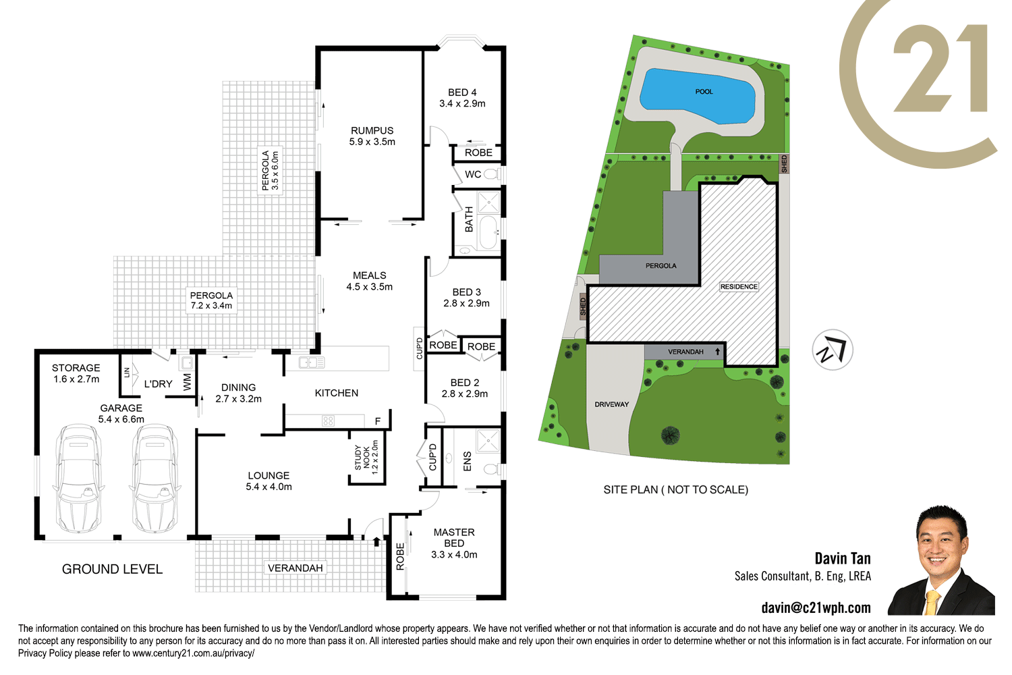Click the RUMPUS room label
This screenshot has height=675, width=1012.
pyautogui.click(x=372, y=136)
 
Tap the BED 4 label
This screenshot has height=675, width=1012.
pyautogui.click(x=462, y=98)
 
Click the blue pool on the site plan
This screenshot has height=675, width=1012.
pyautogui.click(x=698, y=96)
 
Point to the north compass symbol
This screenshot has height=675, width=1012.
pyautogui.click(x=833, y=350)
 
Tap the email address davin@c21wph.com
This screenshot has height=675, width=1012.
pyautogui.click(x=816, y=607)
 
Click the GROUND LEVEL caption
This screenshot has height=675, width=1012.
pyautogui.click(x=112, y=569)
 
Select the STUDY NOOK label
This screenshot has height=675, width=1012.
pyautogui.click(x=366, y=458)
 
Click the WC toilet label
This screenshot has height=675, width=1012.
pyautogui.click(x=473, y=174)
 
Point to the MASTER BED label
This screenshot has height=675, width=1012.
pyautogui.click(x=454, y=543)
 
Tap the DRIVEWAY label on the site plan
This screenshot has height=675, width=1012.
pyautogui.click(x=611, y=404)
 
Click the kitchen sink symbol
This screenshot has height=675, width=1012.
pyautogui.click(x=312, y=362)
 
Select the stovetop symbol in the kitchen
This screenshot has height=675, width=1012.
pyautogui.click(x=329, y=421)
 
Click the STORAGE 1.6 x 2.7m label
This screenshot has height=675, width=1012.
pyautogui.click(x=76, y=373)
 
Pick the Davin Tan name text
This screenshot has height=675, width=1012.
pyautogui.click(x=842, y=558)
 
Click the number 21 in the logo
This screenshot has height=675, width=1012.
pyautogui.click(x=940, y=69)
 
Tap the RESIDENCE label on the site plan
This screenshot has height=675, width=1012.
pyautogui.click(x=739, y=287)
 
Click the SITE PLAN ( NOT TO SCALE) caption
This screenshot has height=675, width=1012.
pyautogui.click(x=675, y=489)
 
